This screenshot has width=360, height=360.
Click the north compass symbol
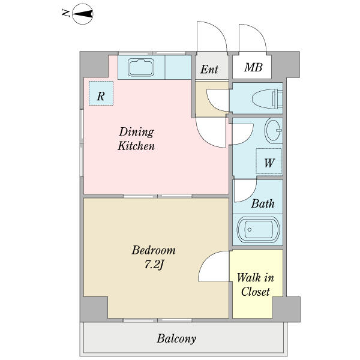pos(83,14)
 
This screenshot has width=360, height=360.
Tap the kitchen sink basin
pos(141,67)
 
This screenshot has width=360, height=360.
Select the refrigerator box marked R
pos(101,93)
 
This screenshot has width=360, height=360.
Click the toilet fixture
pos(268,99)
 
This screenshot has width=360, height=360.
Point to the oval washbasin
pos(273,130)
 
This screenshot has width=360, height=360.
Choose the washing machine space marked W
pos(269,161)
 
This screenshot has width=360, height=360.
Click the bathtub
pos(258,230)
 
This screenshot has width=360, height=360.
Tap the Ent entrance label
pos(209,69)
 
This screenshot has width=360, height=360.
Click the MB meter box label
pos(253,67)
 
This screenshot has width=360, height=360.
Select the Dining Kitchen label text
pos(136,139)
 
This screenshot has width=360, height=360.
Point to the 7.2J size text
pos(154,265)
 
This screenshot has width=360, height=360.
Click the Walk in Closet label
pos(256,284)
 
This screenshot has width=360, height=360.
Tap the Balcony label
pos(176,339)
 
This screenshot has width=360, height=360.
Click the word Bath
pos(263,203)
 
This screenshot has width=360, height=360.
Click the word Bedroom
pos(154,250)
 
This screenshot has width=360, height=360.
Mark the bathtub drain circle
pos(250,230)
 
